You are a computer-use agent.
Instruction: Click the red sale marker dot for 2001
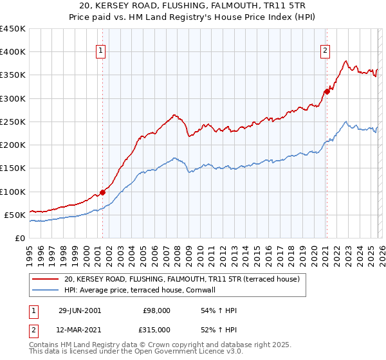(x=103, y=192)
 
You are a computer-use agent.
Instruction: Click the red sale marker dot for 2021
(x=327, y=91)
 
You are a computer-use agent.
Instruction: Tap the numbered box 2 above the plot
(x=326, y=51)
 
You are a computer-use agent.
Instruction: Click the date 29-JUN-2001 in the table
(x=80, y=310)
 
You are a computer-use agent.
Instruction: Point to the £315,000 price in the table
(x=156, y=329)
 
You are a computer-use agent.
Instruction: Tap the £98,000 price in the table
(x=156, y=310)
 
